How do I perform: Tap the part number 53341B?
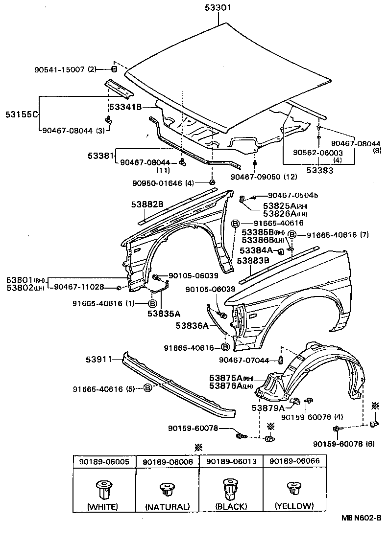pyautogui.click(x=125, y=107)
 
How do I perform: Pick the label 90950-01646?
pyautogui.click(x=156, y=183)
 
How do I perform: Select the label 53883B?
pyautogui.click(x=253, y=261)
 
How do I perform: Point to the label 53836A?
pyautogui.click(x=193, y=325)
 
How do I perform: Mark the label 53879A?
pyautogui.click(x=268, y=408)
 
